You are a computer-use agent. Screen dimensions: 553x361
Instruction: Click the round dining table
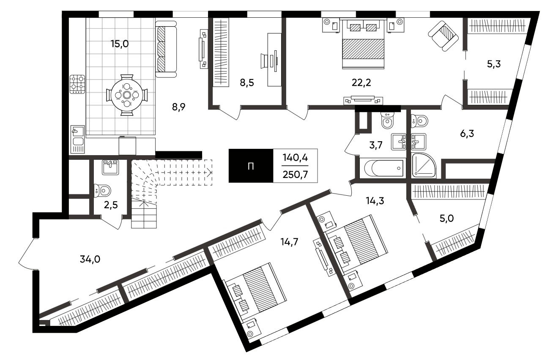(127, 95)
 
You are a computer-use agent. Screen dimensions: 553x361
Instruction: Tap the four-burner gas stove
(77, 85)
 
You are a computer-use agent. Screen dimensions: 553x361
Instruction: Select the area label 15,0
(120, 44)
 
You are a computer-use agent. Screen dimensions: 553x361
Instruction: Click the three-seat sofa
(166, 49)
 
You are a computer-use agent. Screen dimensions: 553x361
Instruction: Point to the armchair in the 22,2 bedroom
(443, 36)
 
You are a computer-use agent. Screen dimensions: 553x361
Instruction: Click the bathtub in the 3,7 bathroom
(383, 168)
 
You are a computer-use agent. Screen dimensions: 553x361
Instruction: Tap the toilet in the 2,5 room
(102, 191)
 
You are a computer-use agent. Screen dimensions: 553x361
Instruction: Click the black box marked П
(251, 166)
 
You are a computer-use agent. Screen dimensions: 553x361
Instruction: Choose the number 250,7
(295, 175)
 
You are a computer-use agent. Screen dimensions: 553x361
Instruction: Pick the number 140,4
(295, 157)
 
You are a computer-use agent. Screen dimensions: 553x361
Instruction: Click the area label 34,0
(90, 259)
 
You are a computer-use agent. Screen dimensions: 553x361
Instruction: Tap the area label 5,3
(494, 64)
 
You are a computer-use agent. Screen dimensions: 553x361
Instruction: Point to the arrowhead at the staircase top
(209, 172)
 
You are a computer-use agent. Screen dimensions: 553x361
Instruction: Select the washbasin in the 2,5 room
(110, 167)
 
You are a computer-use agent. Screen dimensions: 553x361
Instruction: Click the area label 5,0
(446, 218)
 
